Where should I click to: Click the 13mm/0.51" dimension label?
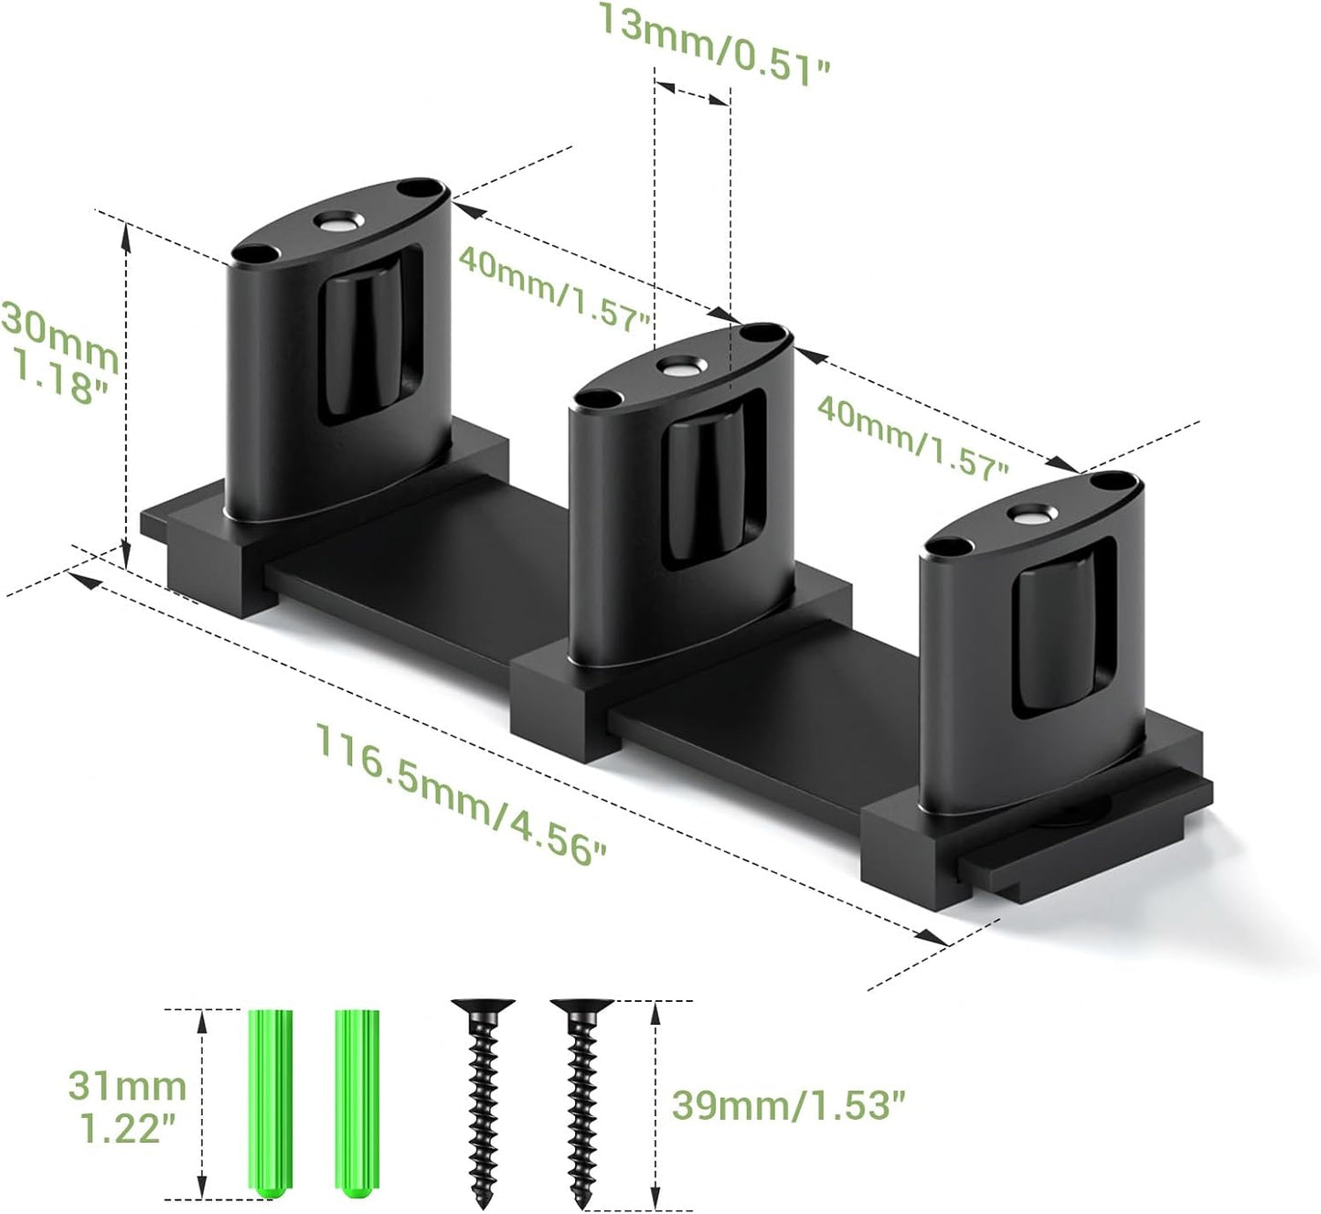713,44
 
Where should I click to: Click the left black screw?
484,1097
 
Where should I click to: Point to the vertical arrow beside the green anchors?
202,1104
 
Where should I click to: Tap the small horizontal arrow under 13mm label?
692,91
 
